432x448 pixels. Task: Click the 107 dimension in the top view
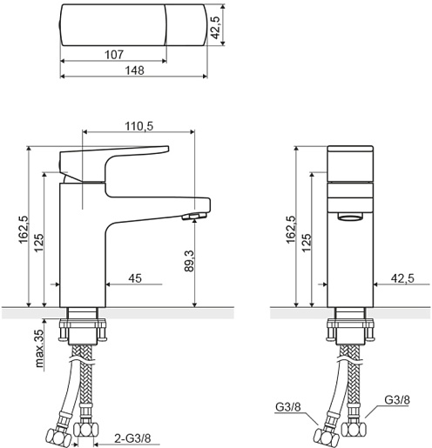[x=114, y=55]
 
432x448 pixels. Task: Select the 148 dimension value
[x=134, y=70]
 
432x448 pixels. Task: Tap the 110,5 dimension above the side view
[x=139, y=126]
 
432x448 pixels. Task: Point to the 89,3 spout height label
[x=190, y=261]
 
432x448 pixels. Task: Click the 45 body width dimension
[x=135, y=278]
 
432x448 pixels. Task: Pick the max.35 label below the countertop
[x=39, y=348]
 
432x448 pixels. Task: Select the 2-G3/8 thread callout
[x=132, y=438]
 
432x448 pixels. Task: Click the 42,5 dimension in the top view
[x=215, y=27]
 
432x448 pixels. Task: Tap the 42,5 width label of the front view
[x=402, y=278]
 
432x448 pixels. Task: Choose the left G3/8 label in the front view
[x=288, y=407]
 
